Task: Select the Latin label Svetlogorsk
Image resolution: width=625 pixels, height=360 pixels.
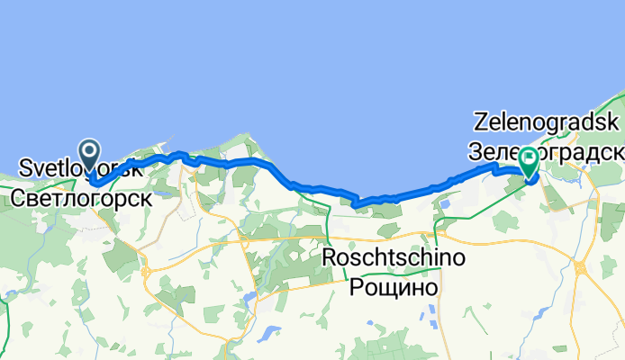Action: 80,168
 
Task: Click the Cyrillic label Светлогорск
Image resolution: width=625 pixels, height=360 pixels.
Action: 81,194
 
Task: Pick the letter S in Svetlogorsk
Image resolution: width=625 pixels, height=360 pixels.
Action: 25,168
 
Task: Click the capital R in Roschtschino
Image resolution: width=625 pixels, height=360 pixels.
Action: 330,260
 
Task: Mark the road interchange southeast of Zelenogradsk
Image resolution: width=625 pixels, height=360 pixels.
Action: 579,267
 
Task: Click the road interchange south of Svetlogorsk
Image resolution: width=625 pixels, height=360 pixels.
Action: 145,272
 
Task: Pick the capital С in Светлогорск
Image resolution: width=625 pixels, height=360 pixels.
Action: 19,194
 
